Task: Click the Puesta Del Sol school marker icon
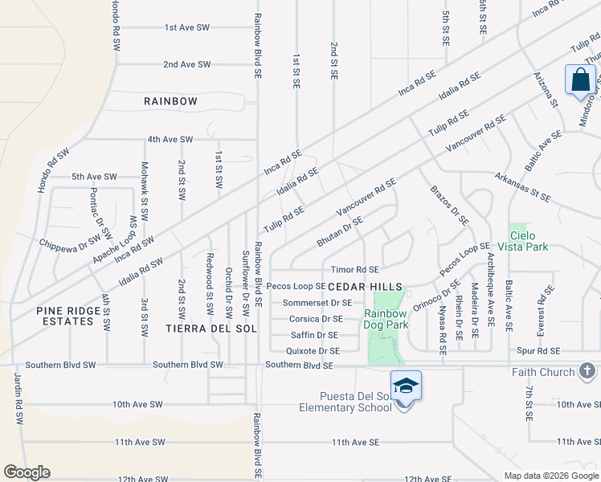tap(407, 386)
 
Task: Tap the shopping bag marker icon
tap(579, 80)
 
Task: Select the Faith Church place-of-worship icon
tap(587, 371)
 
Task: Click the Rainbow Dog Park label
tap(386, 319)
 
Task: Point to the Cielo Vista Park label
tap(522, 241)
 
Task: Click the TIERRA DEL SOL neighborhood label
tap(209, 329)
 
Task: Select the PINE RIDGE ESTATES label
tap(64, 316)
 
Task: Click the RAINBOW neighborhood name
tap(170, 101)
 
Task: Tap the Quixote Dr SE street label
tap(313, 351)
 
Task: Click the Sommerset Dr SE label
tap(317, 303)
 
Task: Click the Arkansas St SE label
tap(522, 186)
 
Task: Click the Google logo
tap(27, 472)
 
